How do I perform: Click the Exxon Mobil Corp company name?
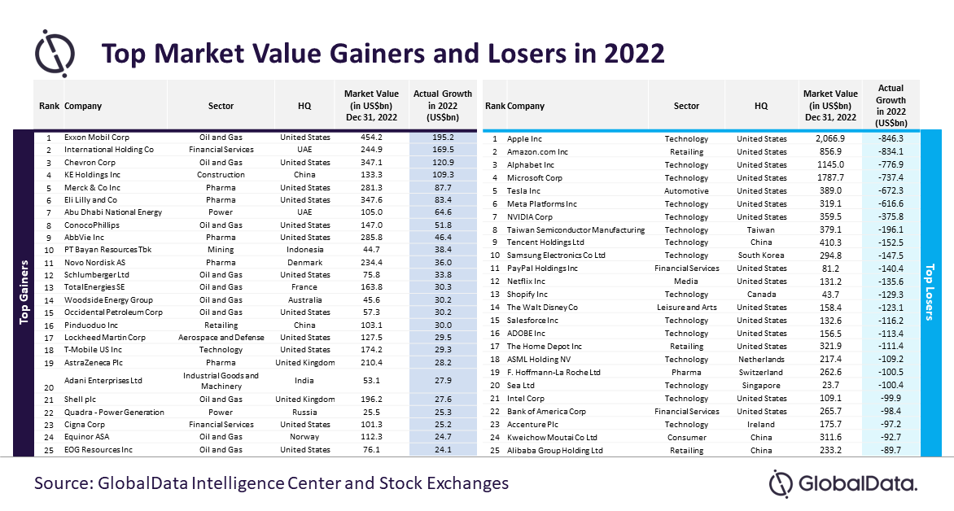click(x=97, y=137)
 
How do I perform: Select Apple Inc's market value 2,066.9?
click(x=830, y=138)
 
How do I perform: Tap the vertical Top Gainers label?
click(x=24, y=292)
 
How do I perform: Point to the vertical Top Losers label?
click(x=929, y=292)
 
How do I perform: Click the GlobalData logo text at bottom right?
click(x=857, y=484)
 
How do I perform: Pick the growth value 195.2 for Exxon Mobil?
click(x=443, y=137)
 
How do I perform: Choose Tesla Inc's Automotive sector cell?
click(x=686, y=191)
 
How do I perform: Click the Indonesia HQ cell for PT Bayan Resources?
click(x=304, y=250)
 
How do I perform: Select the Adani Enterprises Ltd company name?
click(x=103, y=380)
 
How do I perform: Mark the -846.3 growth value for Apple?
click(x=891, y=138)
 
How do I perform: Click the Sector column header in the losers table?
click(x=686, y=106)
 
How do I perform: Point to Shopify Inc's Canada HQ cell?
click(x=761, y=295)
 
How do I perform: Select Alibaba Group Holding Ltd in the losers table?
click(x=555, y=451)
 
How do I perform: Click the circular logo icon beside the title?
click(x=55, y=53)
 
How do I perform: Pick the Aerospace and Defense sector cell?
click(x=221, y=337)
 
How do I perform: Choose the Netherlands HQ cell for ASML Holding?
click(x=761, y=360)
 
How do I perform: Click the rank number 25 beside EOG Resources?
click(x=50, y=450)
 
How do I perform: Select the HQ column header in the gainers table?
click(x=304, y=106)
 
